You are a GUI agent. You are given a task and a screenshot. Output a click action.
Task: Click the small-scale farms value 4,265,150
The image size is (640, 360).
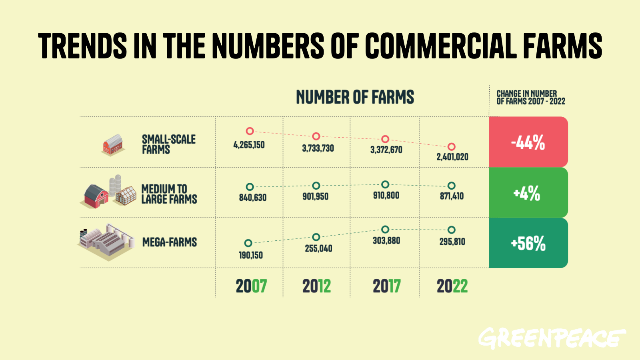[249, 145]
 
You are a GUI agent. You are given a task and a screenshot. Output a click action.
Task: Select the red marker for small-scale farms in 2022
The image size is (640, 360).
[451, 147]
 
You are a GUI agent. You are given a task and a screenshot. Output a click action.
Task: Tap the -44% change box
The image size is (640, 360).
[528, 142]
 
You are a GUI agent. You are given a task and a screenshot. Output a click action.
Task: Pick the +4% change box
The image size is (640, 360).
[528, 193]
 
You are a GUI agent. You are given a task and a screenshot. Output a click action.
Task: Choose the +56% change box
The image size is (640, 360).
[528, 243]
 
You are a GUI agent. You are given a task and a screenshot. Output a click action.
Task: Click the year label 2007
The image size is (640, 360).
[251, 286]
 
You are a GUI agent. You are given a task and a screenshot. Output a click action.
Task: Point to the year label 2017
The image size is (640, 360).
[386, 286]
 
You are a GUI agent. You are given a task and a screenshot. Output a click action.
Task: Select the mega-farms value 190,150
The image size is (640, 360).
[251, 255]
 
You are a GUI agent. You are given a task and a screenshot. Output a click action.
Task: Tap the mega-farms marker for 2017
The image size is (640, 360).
[385, 230]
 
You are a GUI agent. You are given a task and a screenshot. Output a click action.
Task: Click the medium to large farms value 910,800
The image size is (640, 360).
[386, 196]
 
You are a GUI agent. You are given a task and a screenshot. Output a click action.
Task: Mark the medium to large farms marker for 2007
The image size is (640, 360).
[250, 187]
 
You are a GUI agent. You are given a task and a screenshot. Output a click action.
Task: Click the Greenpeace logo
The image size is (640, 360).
[552, 338]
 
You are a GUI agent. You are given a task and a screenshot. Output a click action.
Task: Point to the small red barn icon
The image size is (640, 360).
[112, 145]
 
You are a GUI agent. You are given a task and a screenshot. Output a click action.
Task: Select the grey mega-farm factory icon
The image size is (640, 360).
[106, 242]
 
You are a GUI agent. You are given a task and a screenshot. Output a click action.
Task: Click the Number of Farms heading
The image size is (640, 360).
[355, 97]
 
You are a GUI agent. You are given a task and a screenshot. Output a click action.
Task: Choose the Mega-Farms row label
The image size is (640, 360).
[170, 242]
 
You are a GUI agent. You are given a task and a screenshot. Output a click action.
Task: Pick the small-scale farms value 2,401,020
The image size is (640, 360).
[452, 157]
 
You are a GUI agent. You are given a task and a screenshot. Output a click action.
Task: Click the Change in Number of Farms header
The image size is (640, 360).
[530, 98]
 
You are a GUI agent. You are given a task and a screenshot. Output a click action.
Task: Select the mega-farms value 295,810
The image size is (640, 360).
[452, 242]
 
